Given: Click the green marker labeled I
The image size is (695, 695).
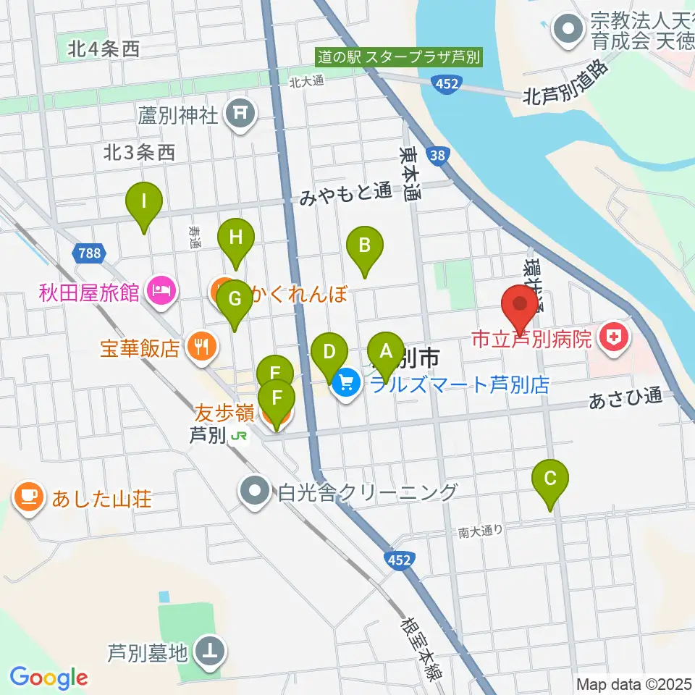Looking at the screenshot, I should click(143, 201).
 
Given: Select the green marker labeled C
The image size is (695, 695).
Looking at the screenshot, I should click(550, 478).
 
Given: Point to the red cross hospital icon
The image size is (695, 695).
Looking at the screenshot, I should click(613, 337).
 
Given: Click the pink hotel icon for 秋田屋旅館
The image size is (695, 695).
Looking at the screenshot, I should click(159, 292).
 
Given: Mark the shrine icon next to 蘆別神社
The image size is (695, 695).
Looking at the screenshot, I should click(239, 114).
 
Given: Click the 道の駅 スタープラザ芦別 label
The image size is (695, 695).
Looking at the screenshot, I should click(398, 56).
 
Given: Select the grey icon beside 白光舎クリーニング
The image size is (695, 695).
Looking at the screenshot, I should click(254, 492).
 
